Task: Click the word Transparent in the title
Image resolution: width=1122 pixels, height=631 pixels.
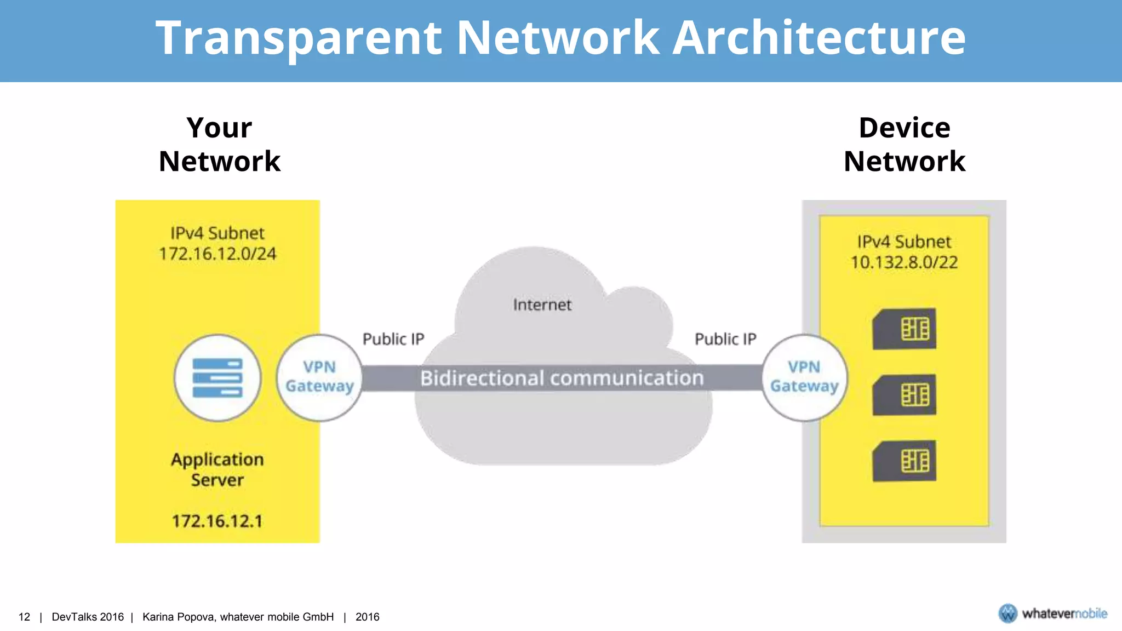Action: (x=299, y=38)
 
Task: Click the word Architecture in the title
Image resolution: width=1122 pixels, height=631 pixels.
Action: (x=819, y=38)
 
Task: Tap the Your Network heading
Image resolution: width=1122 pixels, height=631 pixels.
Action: (x=219, y=145)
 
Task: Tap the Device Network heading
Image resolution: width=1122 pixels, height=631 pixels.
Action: (x=904, y=145)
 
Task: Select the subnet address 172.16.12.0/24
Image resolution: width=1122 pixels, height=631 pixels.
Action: (x=217, y=254)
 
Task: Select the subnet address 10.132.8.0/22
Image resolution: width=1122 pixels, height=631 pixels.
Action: (x=904, y=262)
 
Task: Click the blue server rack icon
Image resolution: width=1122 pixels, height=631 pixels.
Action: (x=217, y=378)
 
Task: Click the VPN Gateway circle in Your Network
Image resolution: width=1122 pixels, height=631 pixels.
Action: (x=319, y=377)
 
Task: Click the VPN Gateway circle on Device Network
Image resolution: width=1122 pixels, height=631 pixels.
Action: (x=804, y=377)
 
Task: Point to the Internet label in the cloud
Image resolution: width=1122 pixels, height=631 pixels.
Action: (x=542, y=305)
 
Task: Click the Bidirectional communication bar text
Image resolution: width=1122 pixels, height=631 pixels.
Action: (x=562, y=378)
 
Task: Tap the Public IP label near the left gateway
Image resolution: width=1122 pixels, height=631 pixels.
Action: (x=393, y=340)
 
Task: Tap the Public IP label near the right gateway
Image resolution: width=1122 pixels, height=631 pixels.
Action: (x=725, y=340)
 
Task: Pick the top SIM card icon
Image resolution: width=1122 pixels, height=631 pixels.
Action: (x=904, y=329)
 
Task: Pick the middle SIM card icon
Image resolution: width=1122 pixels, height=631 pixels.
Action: (x=904, y=395)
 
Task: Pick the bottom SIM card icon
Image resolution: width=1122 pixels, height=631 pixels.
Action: (x=904, y=461)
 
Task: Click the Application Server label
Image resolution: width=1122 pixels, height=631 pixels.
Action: (x=217, y=469)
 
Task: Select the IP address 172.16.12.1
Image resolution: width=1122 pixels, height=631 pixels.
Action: (x=217, y=521)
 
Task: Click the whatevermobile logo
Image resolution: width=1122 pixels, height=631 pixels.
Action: (x=1052, y=613)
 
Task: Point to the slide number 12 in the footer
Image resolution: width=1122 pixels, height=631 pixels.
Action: (x=24, y=617)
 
